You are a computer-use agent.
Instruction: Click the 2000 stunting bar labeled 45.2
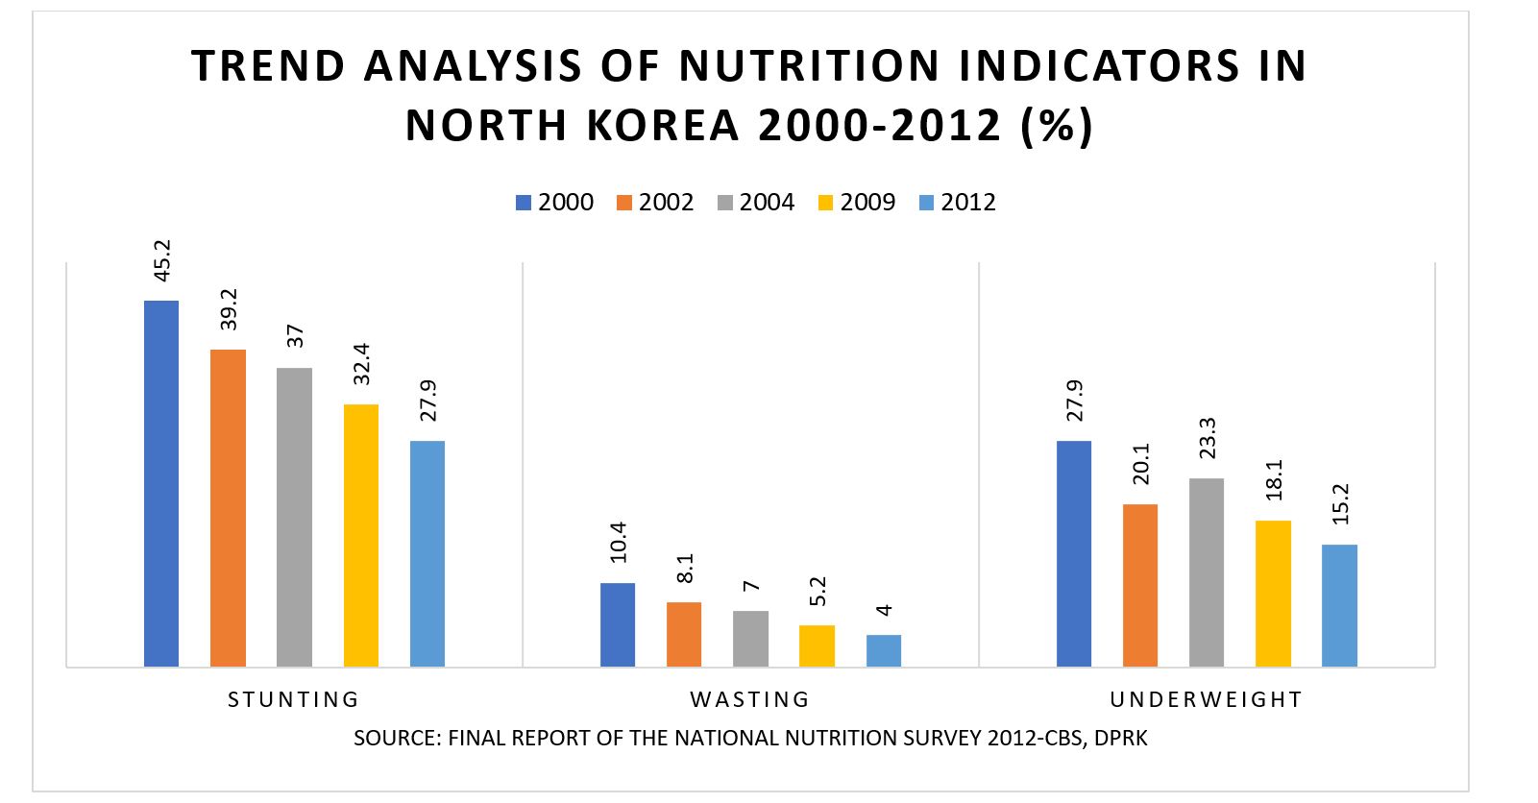click(161, 483)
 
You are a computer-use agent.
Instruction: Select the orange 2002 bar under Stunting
click(228, 508)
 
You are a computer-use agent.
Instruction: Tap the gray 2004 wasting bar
click(750, 639)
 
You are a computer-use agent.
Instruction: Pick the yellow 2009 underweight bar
click(1273, 594)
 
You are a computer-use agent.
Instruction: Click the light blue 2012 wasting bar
click(883, 650)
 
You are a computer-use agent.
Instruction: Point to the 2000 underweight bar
click(1074, 553)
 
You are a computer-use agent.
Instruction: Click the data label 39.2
click(229, 308)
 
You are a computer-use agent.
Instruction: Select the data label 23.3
click(1207, 438)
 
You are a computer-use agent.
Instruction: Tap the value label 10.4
click(618, 542)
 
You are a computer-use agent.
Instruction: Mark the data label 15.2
click(1340, 503)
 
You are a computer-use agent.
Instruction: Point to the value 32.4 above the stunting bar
click(361, 364)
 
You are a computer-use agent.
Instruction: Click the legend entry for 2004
click(756, 203)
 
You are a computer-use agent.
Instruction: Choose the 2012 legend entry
click(958, 203)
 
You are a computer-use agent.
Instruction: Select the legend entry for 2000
click(554, 203)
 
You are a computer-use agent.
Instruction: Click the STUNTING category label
click(293, 699)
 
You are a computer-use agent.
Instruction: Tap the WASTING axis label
click(749, 699)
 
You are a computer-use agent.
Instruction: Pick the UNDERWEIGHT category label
click(1206, 699)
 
